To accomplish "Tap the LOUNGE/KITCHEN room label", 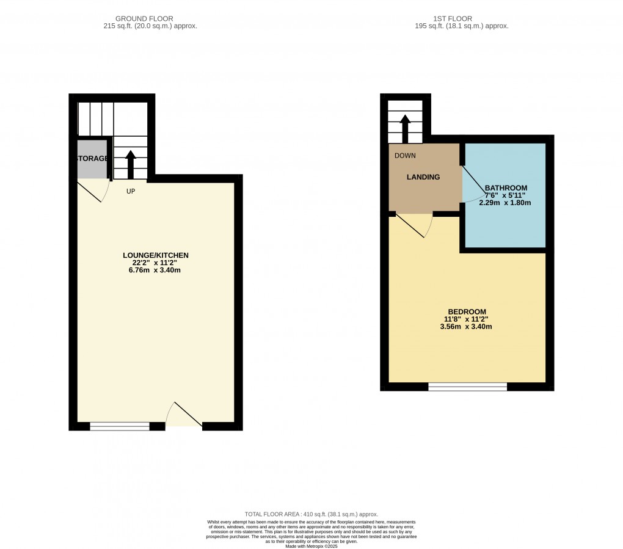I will coord(156,255).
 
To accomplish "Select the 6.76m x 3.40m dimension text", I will coord(156,271).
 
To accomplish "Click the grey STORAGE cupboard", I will coord(92,159).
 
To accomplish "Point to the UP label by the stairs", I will coord(131,191).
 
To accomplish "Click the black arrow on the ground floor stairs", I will coord(130,162).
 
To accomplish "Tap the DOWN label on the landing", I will coord(405,156).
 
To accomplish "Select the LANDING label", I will coord(423,177).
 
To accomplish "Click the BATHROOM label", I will coord(506,187).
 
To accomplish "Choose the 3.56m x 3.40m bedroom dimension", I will coord(465,327).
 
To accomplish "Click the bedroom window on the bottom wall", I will coord(467,387).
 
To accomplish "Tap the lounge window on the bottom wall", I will coord(120,426).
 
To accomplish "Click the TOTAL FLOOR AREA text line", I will coord(311,515).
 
